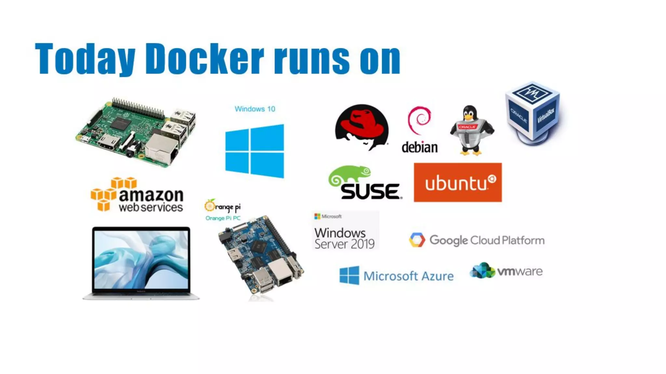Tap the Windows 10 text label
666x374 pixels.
point(255,109)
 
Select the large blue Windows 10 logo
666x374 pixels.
point(255,151)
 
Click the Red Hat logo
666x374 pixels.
point(362,127)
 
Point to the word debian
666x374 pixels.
point(420,148)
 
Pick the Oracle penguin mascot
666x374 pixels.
point(472,130)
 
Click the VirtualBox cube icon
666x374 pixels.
point(533,112)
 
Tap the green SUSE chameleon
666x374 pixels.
point(350,175)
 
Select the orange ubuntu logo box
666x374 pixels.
point(458,182)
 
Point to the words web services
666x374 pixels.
point(151,207)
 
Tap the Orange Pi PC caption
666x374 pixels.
point(223,218)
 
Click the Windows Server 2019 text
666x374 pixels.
point(344,238)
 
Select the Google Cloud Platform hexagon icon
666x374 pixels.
point(417,240)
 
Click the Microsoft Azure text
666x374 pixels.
point(408,276)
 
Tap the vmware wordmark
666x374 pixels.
point(520,271)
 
